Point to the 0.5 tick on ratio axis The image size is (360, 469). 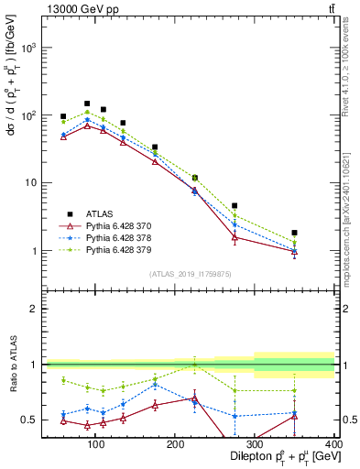click(x=30, y=420)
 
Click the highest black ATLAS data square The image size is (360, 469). click(x=87, y=104)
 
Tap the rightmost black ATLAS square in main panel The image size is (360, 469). click(x=320, y=233)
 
